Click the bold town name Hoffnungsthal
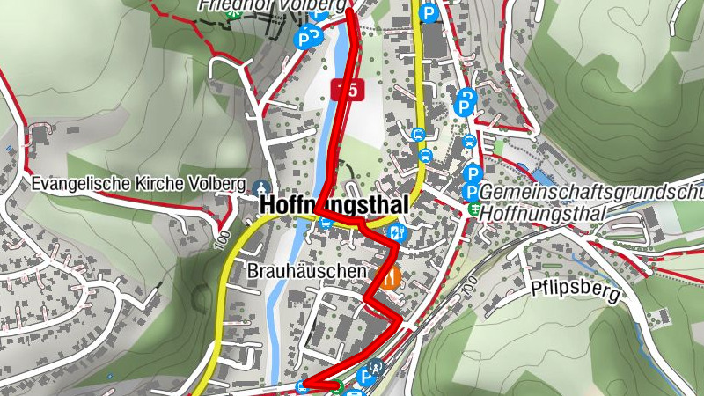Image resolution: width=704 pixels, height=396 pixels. (334, 205)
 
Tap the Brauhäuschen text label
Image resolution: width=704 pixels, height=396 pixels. (306, 272)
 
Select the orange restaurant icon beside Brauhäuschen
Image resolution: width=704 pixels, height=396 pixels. (389, 279)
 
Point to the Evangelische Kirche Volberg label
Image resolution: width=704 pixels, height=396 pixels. (136, 185)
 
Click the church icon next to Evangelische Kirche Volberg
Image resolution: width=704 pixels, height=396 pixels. (260, 187)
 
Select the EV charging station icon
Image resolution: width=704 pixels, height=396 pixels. (397, 232)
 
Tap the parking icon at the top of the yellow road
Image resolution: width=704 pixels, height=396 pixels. (429, 13)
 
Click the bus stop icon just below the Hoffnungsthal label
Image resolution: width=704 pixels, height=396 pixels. (326, 224)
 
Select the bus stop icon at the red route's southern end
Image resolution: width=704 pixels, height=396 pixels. (303, 385)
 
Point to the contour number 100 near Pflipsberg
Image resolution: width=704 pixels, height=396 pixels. (469, 287)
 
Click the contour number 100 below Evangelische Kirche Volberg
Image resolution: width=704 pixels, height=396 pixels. (218, 241)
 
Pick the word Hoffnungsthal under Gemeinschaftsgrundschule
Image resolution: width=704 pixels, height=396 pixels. (546, 213)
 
